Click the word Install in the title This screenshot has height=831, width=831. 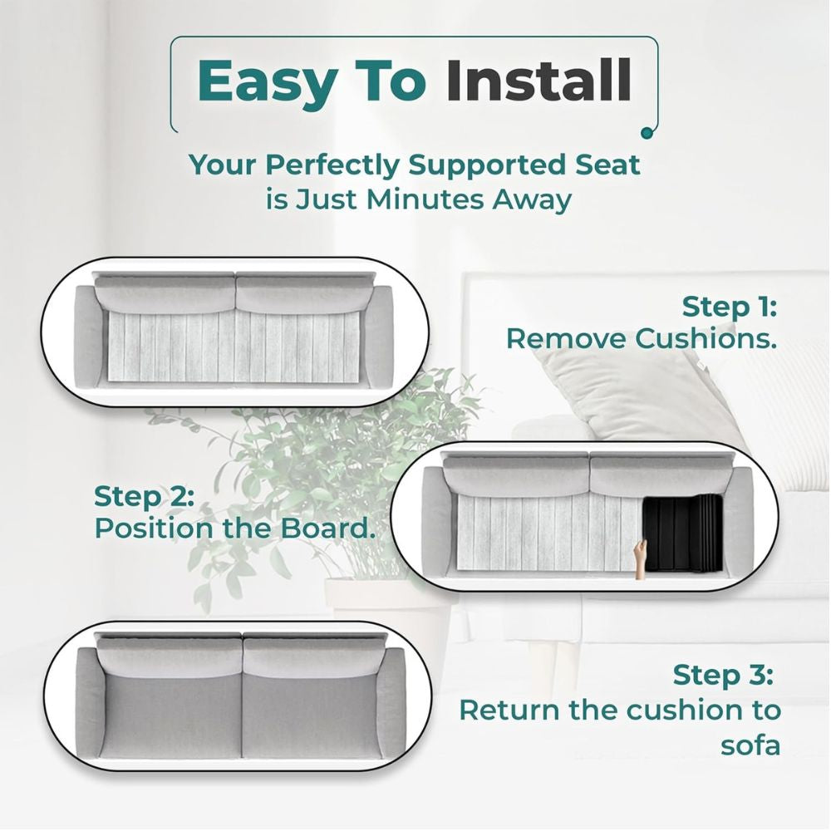tap(538, 81)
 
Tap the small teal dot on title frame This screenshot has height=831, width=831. tap(647, 131)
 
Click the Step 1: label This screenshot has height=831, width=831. tap(729, 307)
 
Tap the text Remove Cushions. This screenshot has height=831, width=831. tap(642, 339)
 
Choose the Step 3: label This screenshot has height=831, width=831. tap(722, 675)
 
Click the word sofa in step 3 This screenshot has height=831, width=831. tap(750, 745)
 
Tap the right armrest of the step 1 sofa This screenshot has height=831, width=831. tap(379, 337)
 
